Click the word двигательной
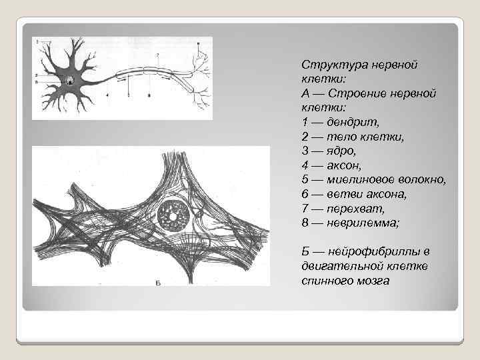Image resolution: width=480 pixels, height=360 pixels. click(x=339, y=265)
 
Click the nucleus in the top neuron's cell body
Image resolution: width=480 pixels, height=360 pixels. click(x=71, y=80)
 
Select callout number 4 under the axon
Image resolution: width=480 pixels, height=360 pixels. click(x=107, y=96)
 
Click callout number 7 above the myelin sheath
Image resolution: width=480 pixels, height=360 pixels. click(x=157, y=53)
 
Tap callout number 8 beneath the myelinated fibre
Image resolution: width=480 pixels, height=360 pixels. click(x=149, y=96)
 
